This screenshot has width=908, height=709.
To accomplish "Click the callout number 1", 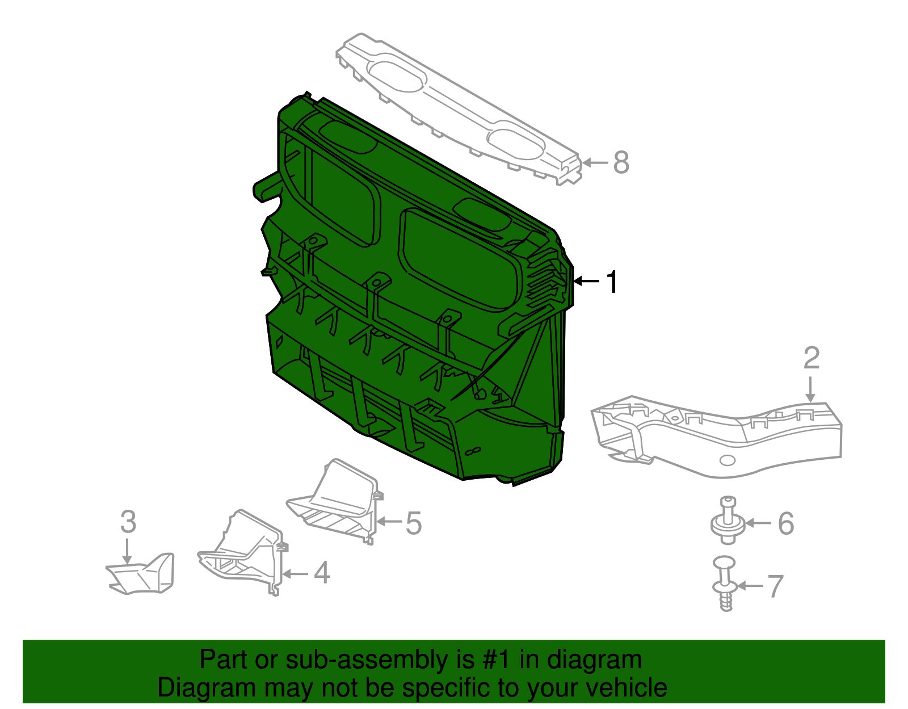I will [612, 282].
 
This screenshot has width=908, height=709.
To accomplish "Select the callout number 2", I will [812, 358].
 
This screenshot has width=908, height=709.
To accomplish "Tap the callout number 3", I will [128, 522].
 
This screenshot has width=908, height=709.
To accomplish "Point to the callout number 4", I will [322, 573].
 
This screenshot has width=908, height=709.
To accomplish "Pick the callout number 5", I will [414, 523].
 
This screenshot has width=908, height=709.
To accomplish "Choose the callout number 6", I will [785, 523].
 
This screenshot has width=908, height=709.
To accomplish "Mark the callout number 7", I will [775, 586].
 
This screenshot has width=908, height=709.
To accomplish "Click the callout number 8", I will [621, 162].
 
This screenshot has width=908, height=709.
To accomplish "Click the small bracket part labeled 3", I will [142, 574].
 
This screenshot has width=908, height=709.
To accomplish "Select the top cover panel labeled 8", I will [460, 108].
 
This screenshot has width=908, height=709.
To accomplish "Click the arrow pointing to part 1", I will [586, 281].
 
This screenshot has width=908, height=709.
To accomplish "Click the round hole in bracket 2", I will [727, 459].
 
